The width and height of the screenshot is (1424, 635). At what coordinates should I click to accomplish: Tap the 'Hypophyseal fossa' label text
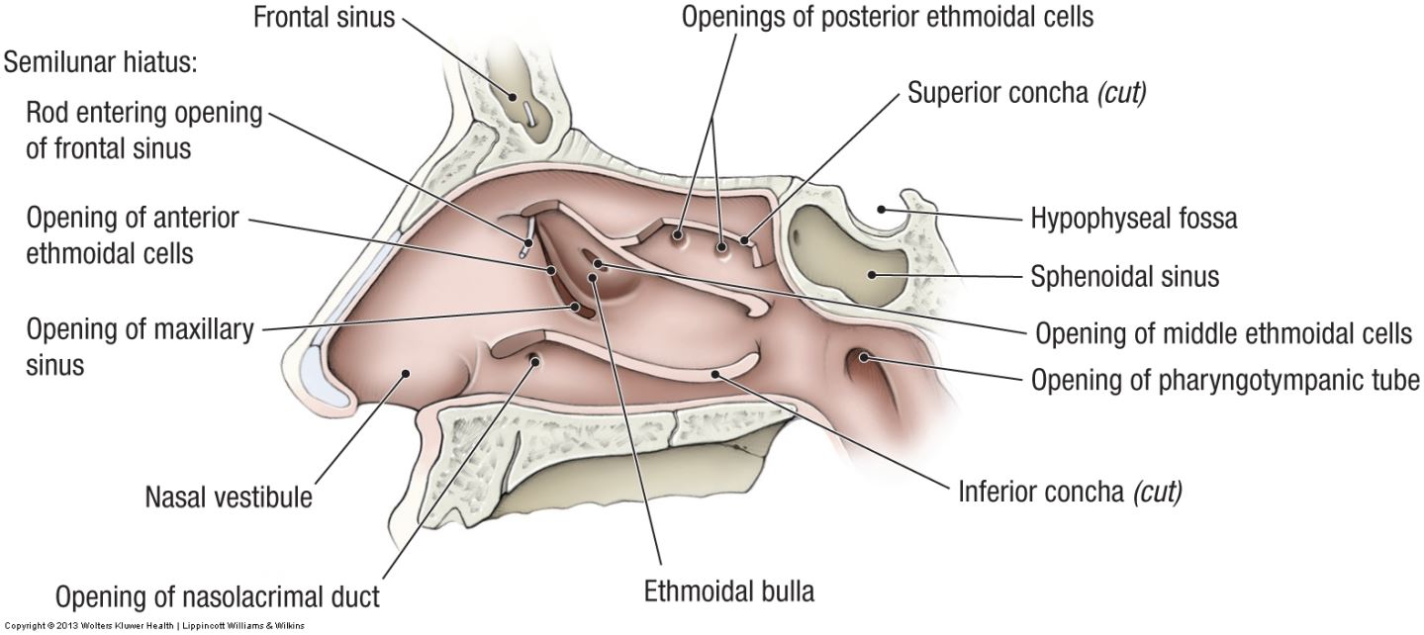pos(1133,218)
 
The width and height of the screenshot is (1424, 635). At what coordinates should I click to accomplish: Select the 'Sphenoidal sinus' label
pos(1124,275)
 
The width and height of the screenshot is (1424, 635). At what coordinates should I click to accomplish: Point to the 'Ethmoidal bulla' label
pos(729,591)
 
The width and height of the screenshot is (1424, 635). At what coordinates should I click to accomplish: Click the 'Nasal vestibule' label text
pos(229,496)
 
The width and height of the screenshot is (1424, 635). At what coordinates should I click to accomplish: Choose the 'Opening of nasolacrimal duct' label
pos(217,596)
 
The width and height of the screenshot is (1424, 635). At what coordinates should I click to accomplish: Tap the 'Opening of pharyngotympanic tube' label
pos(1225,380)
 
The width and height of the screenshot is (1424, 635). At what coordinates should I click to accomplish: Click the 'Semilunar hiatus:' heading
pos(102,62)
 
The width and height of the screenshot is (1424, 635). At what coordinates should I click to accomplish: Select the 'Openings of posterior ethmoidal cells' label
pos(887,17)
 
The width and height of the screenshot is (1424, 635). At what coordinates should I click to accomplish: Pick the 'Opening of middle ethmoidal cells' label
pos(1223,332)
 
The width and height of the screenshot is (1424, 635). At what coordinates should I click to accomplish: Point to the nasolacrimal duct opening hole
pos(534,361)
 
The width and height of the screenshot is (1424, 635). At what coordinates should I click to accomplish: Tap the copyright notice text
pos(152,625)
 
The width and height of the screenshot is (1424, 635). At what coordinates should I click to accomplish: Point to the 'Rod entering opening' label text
pos(144,114)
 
